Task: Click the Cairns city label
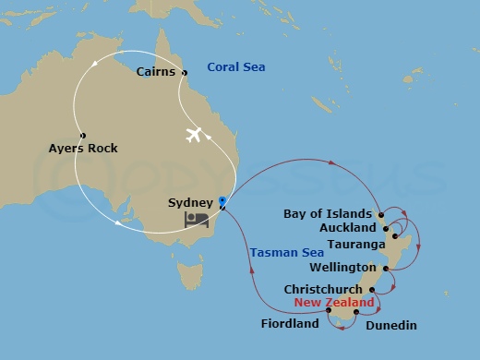155,72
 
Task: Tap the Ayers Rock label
83,148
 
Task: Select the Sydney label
191,201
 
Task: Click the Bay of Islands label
329,213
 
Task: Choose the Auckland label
347,227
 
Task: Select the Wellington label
342,269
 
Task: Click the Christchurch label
324,289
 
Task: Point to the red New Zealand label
334,303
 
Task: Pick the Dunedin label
391,325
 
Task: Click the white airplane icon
194,135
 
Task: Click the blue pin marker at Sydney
222,199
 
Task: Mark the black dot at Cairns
185,73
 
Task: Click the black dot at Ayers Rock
83,136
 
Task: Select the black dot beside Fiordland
328,310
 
